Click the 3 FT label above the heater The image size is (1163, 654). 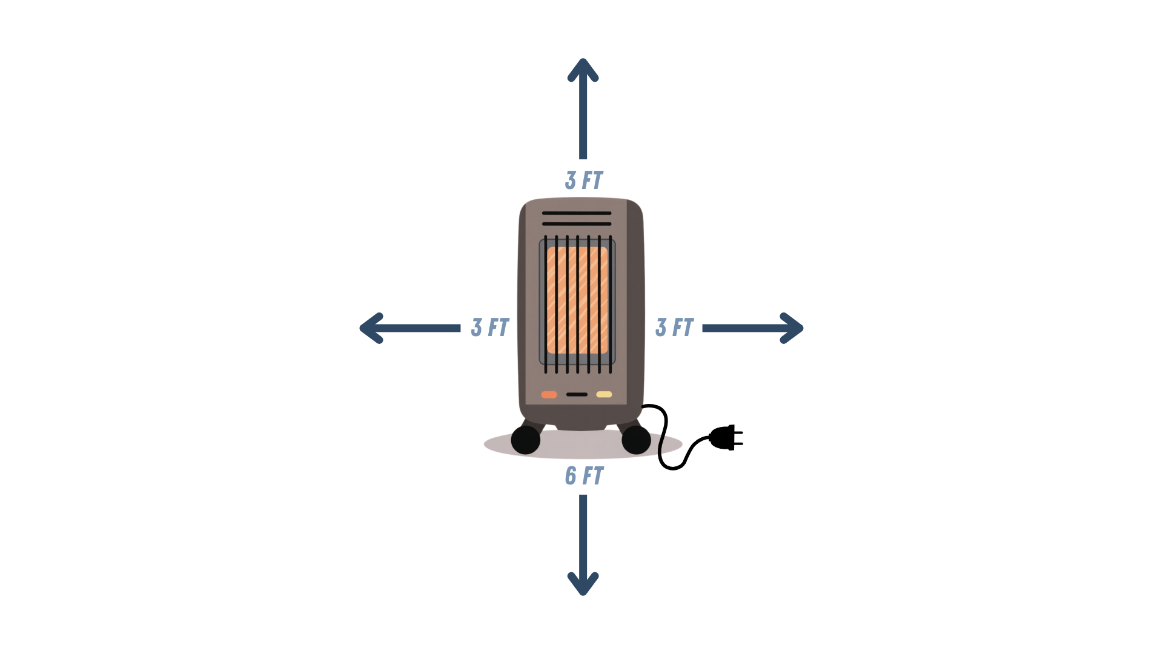[x=584, y=180]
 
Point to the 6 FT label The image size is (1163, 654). [x=584, y=476]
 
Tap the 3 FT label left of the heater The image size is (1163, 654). [x=490, y=328]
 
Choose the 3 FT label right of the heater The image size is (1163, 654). [x=674, y=328]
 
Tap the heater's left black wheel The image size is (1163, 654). [x=525, y=440]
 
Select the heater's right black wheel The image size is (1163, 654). [x=636, y=440]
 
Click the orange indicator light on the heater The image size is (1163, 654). [x=549, y=395]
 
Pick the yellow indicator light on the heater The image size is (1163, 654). [x=604, y=395]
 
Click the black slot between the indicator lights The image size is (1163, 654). [x=577, y=395]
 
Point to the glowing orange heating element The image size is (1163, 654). [x=577, y=300]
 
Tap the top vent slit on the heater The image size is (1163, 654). [x=577, y=213]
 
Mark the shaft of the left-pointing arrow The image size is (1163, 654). [x=424, y=328]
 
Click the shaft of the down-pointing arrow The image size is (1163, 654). [x=583, y=533]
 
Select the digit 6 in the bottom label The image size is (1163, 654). [x=571, y=476]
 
